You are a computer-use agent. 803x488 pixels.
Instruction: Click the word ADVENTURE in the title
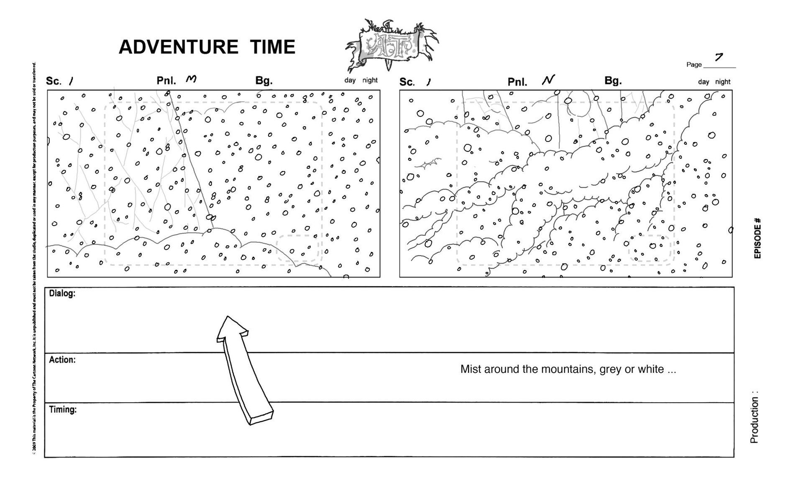point(179,47)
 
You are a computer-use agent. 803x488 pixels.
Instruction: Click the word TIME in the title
point(273,47)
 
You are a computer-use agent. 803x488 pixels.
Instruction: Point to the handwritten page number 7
point(719,57)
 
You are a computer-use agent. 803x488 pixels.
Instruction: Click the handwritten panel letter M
point(191,79)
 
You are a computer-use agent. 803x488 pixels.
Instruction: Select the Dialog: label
point(62,293)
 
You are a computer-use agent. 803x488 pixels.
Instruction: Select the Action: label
point(62,360)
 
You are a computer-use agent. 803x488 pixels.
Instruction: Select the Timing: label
point(63,409)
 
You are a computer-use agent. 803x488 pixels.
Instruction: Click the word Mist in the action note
point(470,369)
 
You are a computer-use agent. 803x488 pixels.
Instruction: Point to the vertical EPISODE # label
point(757,238)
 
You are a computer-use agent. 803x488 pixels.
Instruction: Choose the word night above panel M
point(370,80)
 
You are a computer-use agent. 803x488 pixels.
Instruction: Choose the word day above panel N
point(703,82)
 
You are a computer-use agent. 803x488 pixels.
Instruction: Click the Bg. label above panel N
point(613,81)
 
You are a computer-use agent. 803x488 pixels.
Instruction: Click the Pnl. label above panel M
point(166,80)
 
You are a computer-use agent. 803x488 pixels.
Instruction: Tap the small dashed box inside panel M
point(297,248)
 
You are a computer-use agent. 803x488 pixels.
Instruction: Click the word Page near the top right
point(694,64)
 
